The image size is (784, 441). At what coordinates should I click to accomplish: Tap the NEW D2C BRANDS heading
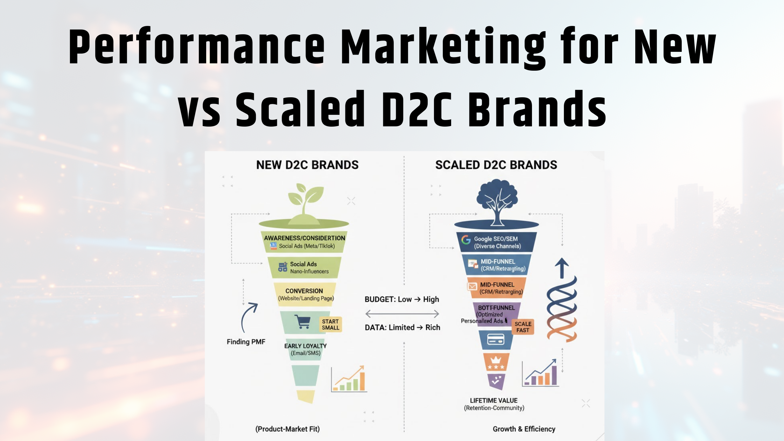point(307,165)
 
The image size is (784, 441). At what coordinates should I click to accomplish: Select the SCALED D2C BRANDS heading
point(496,165)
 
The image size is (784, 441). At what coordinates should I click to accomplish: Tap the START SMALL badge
point(330,324)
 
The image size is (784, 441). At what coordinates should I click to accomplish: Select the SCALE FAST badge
point(523,327)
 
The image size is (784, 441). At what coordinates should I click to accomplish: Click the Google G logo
point(466,240)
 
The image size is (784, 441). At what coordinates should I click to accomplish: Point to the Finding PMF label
point(246,342)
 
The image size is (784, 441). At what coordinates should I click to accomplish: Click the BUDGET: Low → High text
point(402,299)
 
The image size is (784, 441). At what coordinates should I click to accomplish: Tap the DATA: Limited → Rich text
point(402,327)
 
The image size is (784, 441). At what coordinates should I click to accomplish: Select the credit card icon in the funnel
point(496,339)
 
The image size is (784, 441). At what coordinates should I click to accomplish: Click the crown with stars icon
point(496,362)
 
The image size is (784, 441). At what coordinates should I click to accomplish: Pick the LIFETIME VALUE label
point(494,400)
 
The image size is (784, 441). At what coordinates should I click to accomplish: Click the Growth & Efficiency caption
point(524,429)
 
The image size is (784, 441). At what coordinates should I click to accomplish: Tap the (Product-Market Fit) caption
point(287,429)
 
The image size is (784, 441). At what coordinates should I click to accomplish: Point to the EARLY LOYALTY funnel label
point(305,346)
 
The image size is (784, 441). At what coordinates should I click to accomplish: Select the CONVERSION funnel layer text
point(304,291)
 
